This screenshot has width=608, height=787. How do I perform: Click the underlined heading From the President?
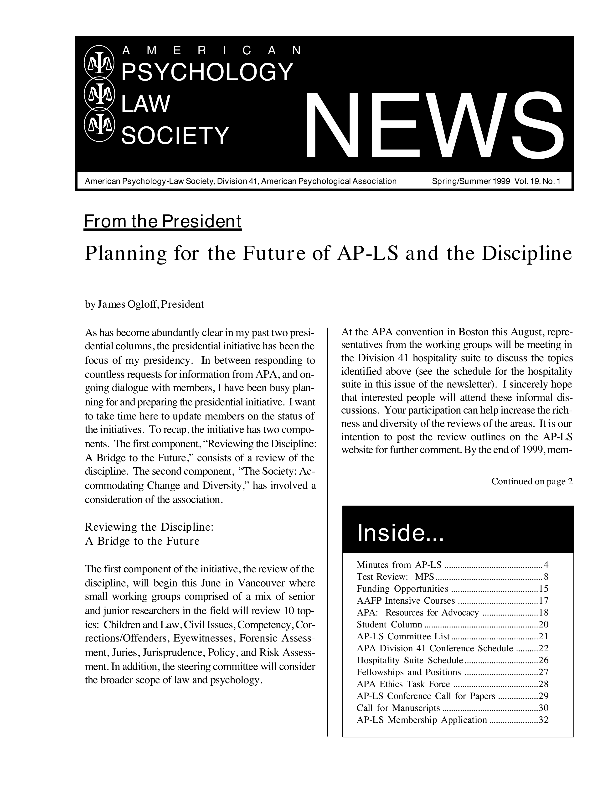(x=162, y=222)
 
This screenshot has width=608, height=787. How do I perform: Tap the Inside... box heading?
(x=401, y=534)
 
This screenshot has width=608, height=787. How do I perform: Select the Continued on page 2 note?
(x=532, y=482)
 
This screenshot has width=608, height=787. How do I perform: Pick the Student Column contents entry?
(x=389, y=624)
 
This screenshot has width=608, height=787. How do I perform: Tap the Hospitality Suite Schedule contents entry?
(x=410, y=660)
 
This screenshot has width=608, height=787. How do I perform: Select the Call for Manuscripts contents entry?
(x=398, y=708)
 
